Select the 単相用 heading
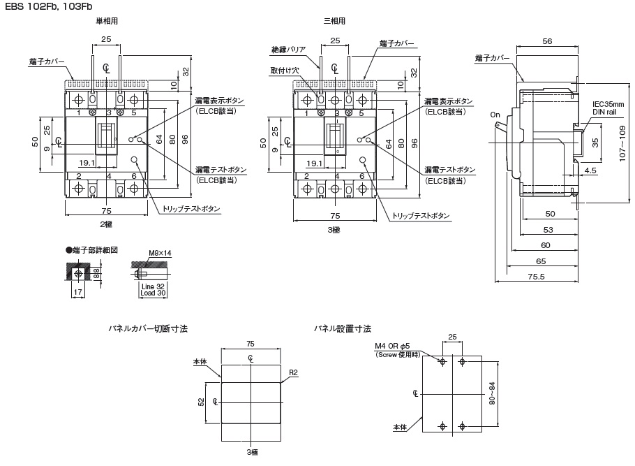[x=107, y=21]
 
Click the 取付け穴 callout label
[x=284, y=70]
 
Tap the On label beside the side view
[x=495, y=115]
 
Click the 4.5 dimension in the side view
[x=590, y=170]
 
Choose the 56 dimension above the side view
[x=547, y=42]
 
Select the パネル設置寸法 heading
[x=342, y=328]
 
